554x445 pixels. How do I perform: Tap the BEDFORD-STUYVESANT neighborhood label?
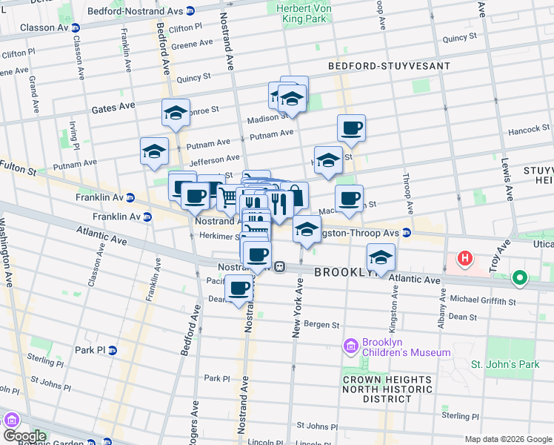pyautogui.click(x=390, y=66)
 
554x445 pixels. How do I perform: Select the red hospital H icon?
pyautogui.click(x=464, y=259)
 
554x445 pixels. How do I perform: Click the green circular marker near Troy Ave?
pyautogui.click(x=520, y=279)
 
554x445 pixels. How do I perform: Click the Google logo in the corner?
pyautogui.click(x=24, y=435)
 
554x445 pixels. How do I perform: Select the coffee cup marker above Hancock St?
pyautogui.click(x=352, y=128)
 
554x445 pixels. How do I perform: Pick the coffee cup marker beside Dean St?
pyautogui.click(x=238, y=289)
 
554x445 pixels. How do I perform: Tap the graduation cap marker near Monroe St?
pyautogui.click(x=176, y=113)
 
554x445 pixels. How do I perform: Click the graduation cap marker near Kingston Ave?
pyautogui.click(x=381, y=257)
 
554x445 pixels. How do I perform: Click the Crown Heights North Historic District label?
pyautogui.click(x=387, y=389)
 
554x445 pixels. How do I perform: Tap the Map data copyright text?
pyautogui.click(x=508, y=439)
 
